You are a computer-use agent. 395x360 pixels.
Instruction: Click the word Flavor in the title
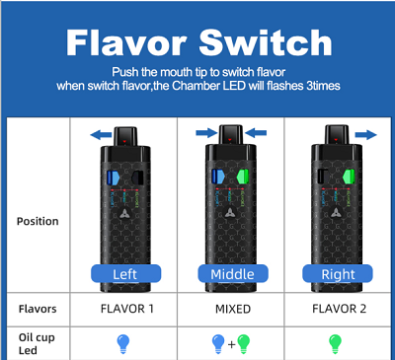(x=126, y=43)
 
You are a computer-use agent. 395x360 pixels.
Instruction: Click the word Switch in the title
(x=266, y=42)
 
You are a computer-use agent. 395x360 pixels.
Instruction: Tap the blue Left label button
(x=126, y=273)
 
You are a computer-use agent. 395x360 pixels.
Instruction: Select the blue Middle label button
(x=233, y=273)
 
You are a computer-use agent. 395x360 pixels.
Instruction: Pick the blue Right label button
(x=338, y=273)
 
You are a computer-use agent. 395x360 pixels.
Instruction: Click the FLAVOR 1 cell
(x=127, y=309)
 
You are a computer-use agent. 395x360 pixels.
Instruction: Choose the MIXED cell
(x=233, y=309)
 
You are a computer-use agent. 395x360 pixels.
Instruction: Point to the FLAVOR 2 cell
(x=339, y=309)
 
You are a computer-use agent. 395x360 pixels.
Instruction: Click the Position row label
(x=38, y=221)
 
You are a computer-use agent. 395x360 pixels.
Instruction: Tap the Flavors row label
(x=38, y=309)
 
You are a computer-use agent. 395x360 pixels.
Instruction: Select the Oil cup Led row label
(x=37, y=344)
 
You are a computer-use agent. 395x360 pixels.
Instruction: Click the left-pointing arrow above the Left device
(x=101, y=134)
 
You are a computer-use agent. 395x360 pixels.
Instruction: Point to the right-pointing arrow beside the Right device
(x=365, y=134)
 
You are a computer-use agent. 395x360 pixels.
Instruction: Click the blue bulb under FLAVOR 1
(x=123, y=344)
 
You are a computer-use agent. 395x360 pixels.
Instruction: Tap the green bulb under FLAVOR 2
(x=336, y=344)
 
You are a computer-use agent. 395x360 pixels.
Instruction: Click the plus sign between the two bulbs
(x=232, y=344)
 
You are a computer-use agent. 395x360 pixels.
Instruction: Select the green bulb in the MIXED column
(x=244, y=344)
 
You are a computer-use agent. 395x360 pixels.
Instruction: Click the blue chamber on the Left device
(x=113, y=178)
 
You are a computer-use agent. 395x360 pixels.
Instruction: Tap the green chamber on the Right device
(x=349, y=177)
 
